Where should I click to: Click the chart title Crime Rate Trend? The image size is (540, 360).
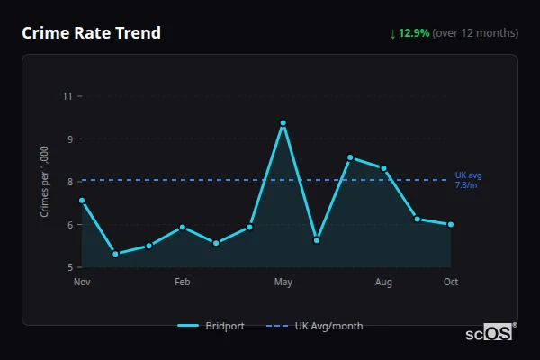click(x=91, y=33)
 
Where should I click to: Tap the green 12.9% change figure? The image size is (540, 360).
click(x=414, y=33)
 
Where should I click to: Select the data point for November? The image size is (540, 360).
click(x=82, y=201)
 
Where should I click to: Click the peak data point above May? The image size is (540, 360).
click(x=283, y=123)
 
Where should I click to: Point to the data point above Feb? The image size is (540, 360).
click(x=183, y=227)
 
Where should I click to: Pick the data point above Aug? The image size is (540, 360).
click(x=383, y=168)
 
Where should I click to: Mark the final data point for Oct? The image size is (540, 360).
click(x=451, y=224)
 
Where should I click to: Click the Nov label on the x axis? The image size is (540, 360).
click(x=82, y=283)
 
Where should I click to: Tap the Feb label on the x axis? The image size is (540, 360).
click(x=183, y=283)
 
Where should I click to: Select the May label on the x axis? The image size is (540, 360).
click(x=283, y=283)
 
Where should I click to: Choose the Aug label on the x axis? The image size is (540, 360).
click(x=383, y=283)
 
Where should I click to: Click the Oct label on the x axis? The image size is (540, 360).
click(x=451, y=283)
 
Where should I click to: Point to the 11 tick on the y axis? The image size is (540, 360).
click(x=67, y=95)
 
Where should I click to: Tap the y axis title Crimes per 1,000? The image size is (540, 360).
click(x=45, y=181)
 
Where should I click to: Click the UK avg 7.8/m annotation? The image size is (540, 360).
click(x=468, y=180)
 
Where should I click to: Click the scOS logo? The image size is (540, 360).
click(x=490, y=333)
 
